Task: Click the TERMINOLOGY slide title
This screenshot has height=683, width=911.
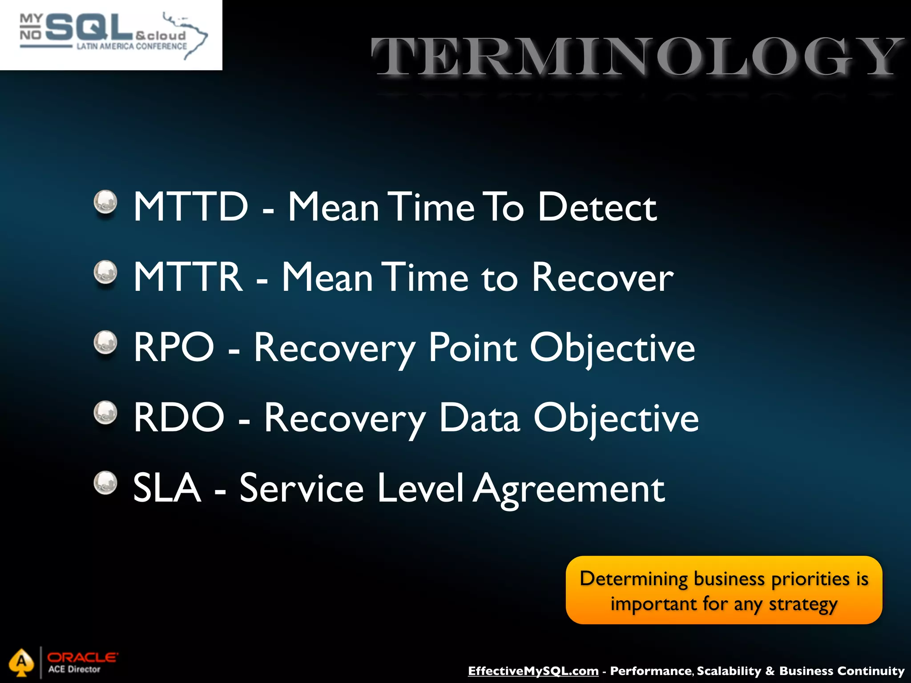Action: tap(637, 57)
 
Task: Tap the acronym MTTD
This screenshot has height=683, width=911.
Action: tap(190, 206)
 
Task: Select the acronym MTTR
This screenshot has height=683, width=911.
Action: tap(188, 277)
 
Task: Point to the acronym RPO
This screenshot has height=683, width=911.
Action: tap(174, 347)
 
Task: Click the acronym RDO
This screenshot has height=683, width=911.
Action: tap(179, 418)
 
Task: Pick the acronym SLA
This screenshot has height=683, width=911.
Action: tap(167, 488)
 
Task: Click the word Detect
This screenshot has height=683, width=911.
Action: tap(597, 206)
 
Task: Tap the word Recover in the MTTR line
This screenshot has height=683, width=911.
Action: tap(602, 277)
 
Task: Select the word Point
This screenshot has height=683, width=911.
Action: tap(472, 347)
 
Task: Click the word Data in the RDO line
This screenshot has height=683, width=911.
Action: tap(479, 418)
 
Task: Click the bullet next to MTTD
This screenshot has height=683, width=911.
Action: tap(105, 202)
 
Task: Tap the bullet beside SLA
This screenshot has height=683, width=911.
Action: tap(105, 483)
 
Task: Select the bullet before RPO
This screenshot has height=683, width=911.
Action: tap(105, 342)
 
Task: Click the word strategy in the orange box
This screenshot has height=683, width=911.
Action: tap(803, 605)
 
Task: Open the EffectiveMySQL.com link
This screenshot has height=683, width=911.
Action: tap(533, 671)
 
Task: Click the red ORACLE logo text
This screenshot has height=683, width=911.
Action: tap(82, 657)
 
